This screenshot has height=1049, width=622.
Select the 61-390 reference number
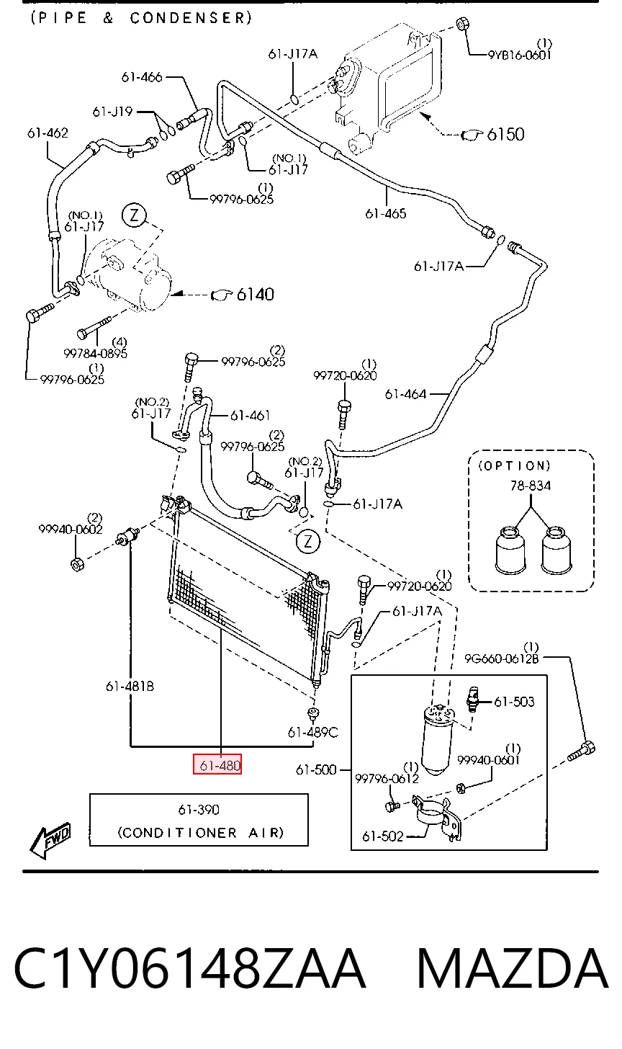tap(199, 809)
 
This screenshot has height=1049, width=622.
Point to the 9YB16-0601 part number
tap(520, 55)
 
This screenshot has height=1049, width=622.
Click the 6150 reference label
tap(505, 135)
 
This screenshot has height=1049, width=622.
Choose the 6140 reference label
tap(255, 294)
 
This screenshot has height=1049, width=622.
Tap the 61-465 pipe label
tap(386, 213)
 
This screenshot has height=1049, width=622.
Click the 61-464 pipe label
tap(405, 394)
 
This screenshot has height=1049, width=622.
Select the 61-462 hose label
tap(48, 133)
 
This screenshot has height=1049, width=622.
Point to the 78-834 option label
tap(531, 486)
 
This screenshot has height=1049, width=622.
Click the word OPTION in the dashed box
tap(514, 465)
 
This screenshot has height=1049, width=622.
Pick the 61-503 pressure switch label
tap(514, 702)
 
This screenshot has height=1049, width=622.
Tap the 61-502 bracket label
tap(382, 836)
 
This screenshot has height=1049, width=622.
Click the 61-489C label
tap(312, 732)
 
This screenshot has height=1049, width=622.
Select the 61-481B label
tap(130, 686)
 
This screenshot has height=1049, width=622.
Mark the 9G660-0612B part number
tap(501, 659)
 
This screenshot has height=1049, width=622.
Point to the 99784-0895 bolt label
tap(96, 354)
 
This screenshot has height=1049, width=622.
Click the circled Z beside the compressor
tap(135, 215)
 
